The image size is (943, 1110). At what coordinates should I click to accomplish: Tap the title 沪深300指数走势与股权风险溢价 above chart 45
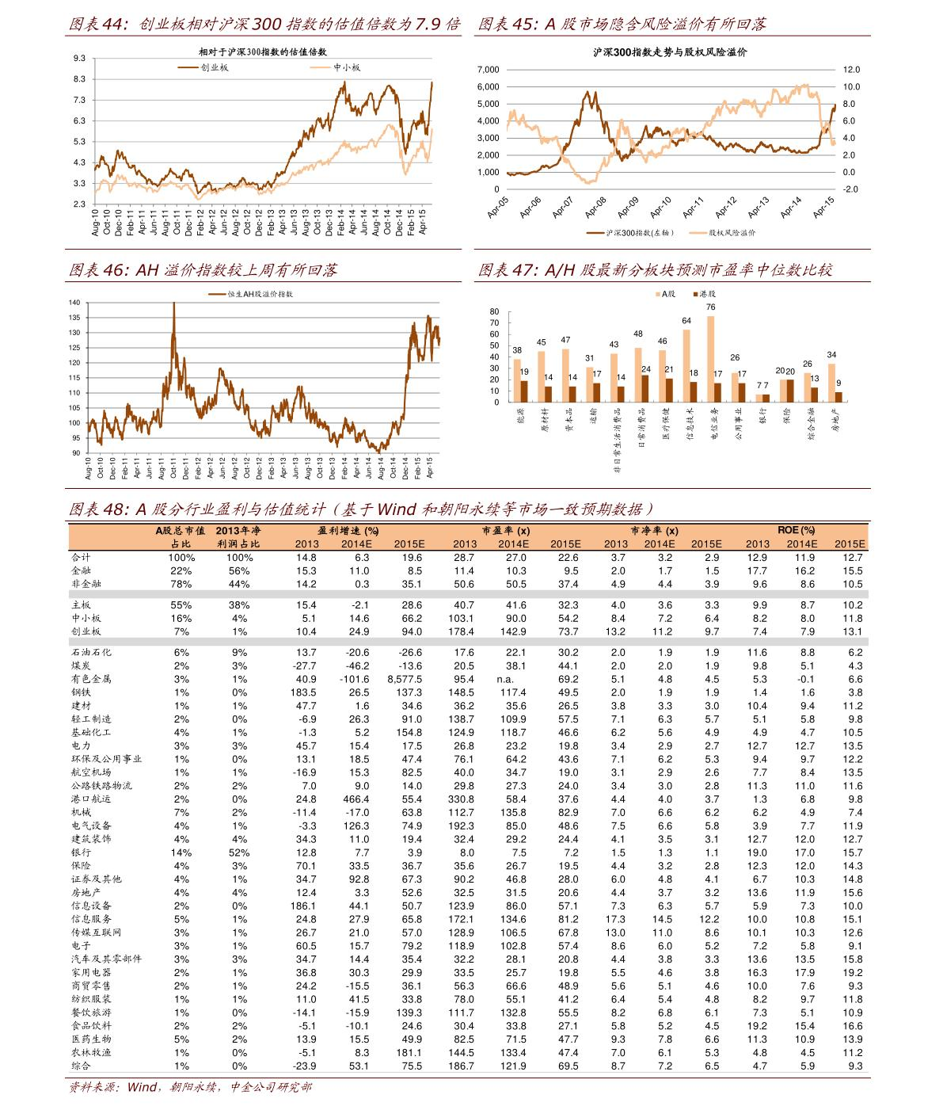(x=670, y=52)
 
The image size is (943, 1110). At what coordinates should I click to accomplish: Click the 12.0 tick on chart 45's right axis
(x=850, y=70)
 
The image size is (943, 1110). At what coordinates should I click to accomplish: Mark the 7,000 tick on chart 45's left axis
(x=489, y=70)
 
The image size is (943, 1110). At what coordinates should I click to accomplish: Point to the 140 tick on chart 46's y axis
(x=74, y=303)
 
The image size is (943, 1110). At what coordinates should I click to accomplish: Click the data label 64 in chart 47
(x=686, y=321)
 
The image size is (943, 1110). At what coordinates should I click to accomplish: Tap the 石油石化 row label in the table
(x=91, y=652)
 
